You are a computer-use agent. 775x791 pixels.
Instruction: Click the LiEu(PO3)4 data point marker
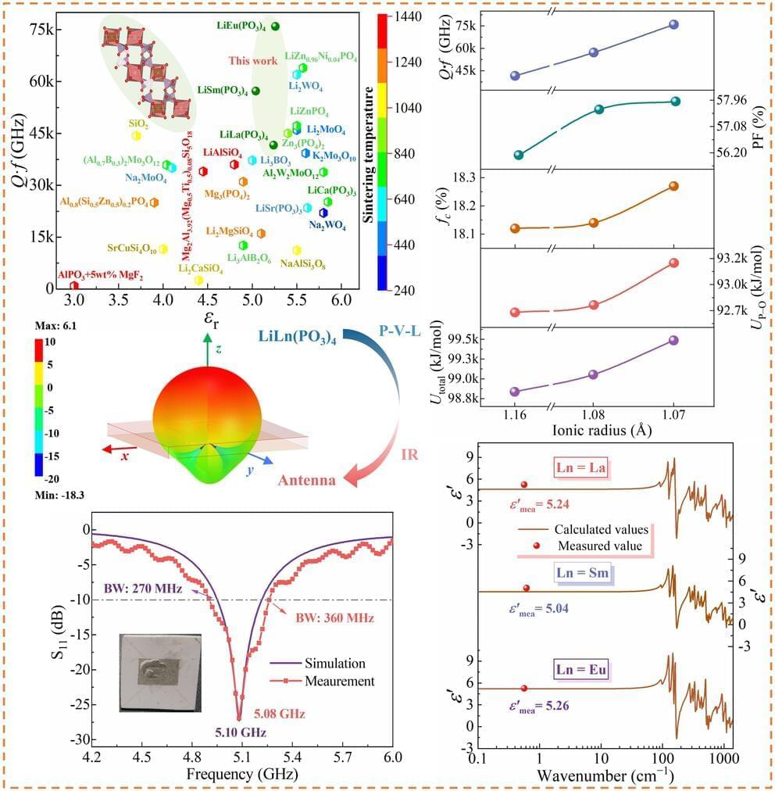pos(275,26)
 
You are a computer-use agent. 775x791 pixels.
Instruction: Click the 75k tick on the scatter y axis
pos(40,30)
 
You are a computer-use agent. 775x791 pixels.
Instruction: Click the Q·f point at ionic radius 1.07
pos(673,24)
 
